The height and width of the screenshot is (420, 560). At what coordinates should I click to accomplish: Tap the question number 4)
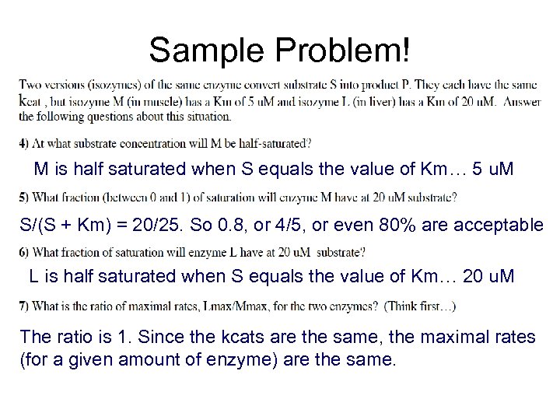(24, 143)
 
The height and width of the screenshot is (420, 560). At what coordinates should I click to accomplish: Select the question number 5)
(24, 198)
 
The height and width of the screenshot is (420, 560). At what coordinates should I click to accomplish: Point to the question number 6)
(24, 252)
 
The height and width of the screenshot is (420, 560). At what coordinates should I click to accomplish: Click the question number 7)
(24, 306)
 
